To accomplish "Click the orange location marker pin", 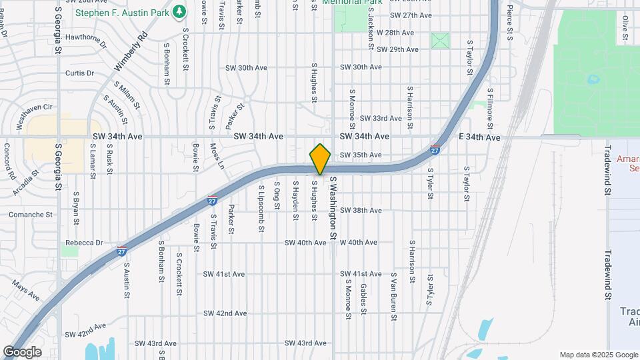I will (320, 159).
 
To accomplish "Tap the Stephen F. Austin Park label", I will (122, 12).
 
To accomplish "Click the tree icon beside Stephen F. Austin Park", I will (179, 12).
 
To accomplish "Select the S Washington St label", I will (333, 207).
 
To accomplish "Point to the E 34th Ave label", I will (480, 137).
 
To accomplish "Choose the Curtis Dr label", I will (79, 73).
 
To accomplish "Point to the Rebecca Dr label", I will (84, 243).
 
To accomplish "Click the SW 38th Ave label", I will (361, 210).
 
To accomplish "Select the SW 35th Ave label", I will (361, 155).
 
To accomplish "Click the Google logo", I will (22, 351).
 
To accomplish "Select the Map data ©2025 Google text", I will (598, 355).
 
